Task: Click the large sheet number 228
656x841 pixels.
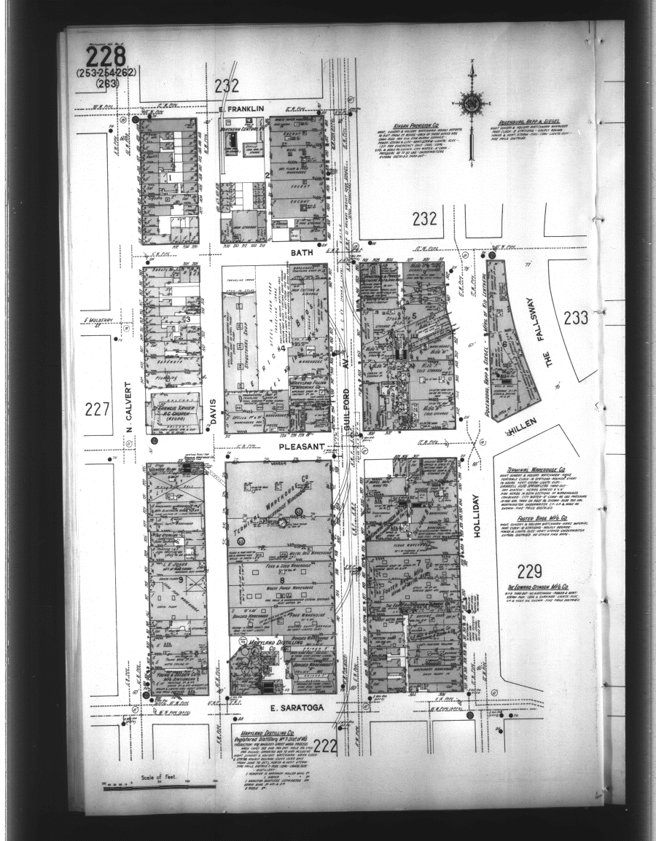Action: [106, 57]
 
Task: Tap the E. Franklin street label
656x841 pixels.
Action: [224, 109]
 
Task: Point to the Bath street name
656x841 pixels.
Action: [300, 252]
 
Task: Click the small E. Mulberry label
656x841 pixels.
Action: [96, 320]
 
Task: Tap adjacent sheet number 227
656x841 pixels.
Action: [97, 410]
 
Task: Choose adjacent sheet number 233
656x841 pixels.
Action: [575, 318]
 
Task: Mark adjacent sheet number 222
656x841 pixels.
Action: [325, 745]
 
